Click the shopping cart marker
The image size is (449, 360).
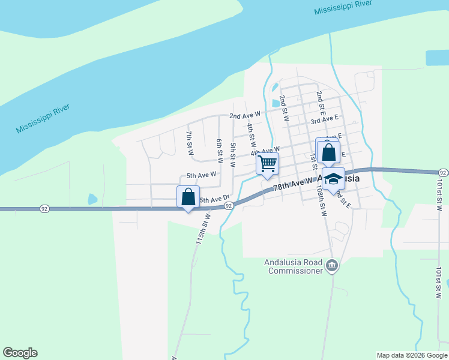[267, 164]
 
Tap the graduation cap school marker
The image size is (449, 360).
[333, 179]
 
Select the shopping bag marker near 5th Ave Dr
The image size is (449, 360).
[188, 197]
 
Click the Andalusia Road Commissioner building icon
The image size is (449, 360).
[331, 265]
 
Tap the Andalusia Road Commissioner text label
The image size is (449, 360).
[293, 266]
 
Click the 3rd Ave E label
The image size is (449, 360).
[324, 119]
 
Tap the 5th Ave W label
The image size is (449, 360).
[201, 175]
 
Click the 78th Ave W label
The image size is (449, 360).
[294, 184]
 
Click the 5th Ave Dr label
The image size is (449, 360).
[214, 199]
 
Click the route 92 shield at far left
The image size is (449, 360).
[44, 208]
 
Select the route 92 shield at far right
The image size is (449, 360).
[443, 172]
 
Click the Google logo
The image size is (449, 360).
[20, 353]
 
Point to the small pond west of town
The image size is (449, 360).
[92, 199]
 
